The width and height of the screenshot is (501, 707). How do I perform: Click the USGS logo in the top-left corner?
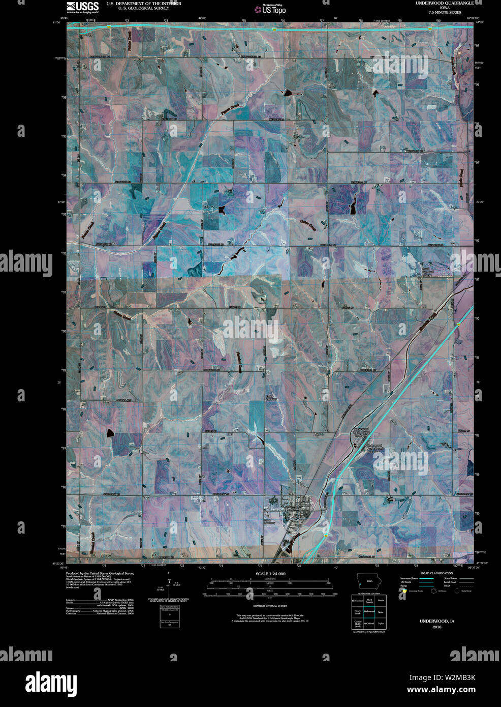click(82, 7)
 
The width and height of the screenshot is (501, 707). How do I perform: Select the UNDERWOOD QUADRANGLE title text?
click(444, 3)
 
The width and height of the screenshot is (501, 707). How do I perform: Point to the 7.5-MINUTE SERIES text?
click(445, 12)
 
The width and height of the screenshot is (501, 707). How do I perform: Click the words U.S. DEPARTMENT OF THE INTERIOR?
click(143, 4)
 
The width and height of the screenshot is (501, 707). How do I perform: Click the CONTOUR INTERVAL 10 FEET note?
click(270, 606)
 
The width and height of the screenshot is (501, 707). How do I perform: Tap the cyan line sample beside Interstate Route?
click(426, 579)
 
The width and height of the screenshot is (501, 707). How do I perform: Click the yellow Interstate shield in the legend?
click(404, 591)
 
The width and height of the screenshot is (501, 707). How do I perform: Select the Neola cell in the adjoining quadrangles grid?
click(381, 611)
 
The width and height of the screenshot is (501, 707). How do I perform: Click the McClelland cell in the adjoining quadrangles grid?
click(369, 623)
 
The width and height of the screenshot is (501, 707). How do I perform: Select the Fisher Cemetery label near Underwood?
click(269, 521)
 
